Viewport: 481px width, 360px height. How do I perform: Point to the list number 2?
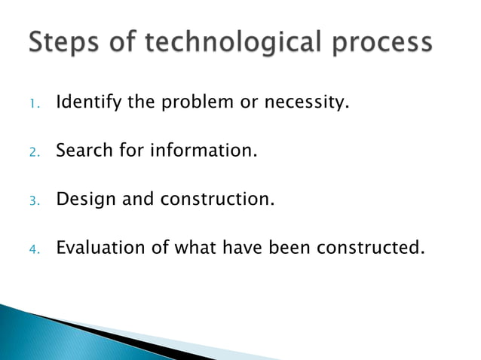click(33, 153)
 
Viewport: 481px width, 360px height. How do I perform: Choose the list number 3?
click(33, 201)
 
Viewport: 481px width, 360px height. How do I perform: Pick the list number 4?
click(33, 249)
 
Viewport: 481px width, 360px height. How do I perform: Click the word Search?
click(82, 151)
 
